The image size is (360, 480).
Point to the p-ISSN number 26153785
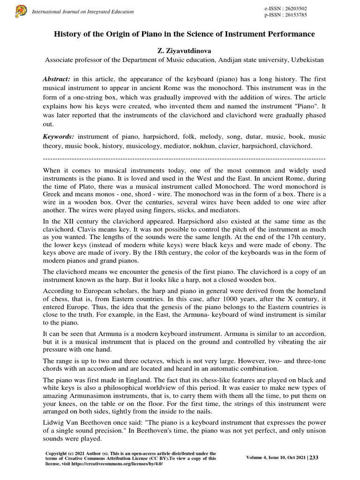(x=293, y=15)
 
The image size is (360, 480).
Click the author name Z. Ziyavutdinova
(x=184, y=51)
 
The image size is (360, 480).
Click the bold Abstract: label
(x=56, y=79)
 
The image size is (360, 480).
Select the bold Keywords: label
(x=59, y=136)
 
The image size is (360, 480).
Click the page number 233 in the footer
(x=314, y=458)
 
